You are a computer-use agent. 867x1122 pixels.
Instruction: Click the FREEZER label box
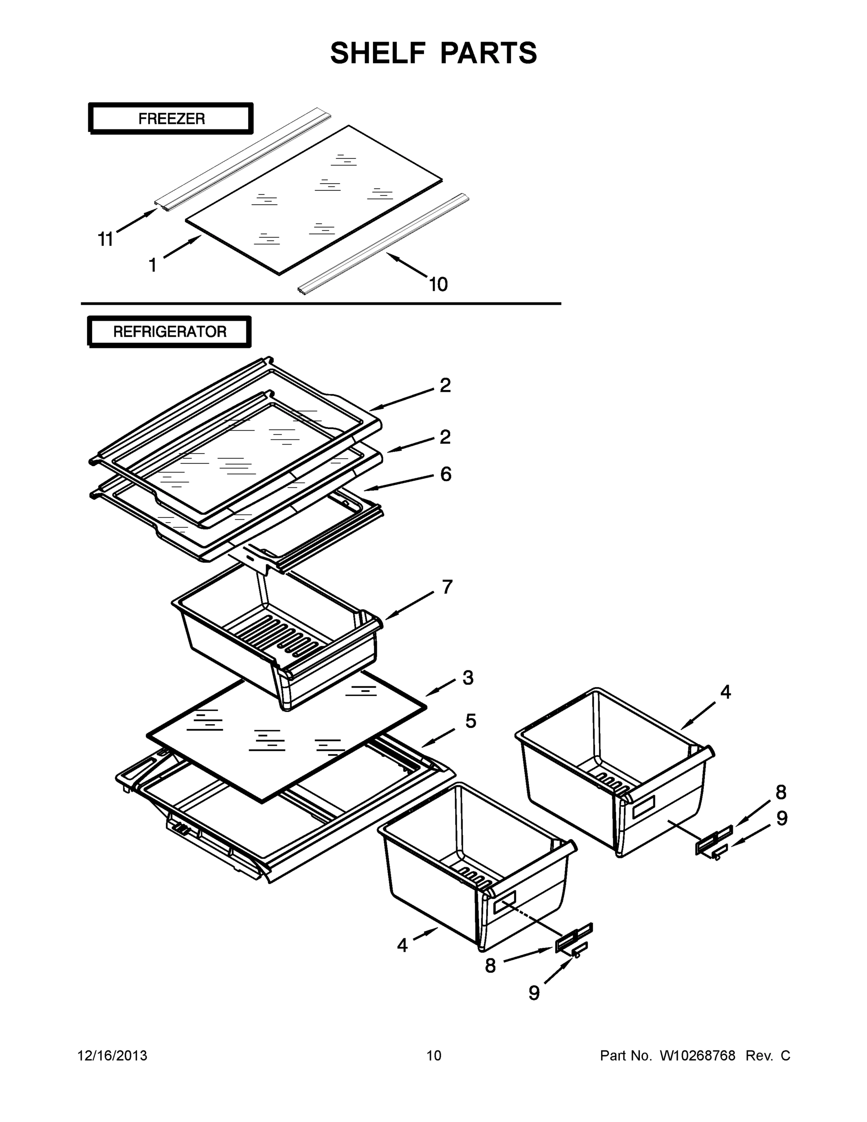point(171,119)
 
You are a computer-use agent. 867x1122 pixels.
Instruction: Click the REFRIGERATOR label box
point(170,331)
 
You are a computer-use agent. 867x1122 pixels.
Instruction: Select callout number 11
point(105,239)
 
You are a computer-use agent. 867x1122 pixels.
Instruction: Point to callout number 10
point(438,284)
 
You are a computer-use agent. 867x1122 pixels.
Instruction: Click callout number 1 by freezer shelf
point(152,265)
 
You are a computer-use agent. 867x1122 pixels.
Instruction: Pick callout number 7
point(447,587)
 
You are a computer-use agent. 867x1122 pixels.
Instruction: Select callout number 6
point(445,474)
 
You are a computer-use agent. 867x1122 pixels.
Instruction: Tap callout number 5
point(471,721)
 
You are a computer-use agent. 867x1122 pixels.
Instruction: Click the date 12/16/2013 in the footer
point(112,1056)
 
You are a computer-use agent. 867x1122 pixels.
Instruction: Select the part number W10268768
point(697,1056)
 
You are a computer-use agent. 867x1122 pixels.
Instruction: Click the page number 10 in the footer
point(434,1056)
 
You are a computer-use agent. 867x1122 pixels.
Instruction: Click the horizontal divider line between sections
point(321,303)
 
